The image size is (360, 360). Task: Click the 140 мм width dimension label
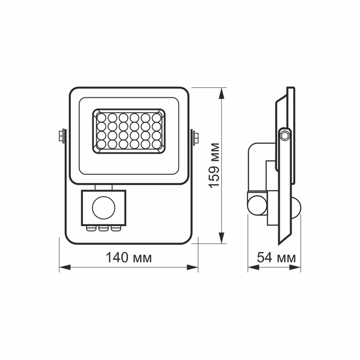tap(129, 258)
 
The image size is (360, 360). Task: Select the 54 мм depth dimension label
tap(273, 258)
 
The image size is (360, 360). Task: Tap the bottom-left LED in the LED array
tap(102, 145)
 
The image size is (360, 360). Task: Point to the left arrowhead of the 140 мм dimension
tap(63, 267)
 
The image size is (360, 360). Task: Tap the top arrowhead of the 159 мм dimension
tap(221, 90)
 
